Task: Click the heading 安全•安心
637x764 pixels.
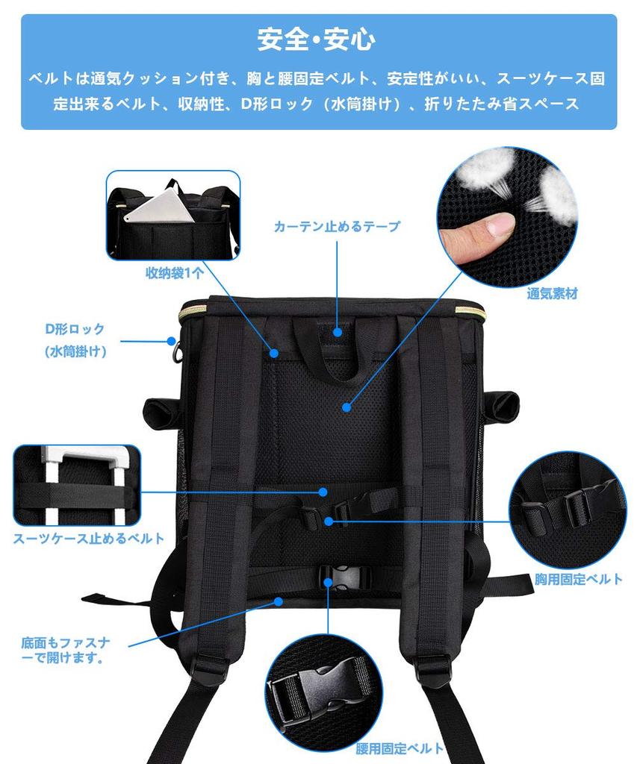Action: click(x=316, y=40)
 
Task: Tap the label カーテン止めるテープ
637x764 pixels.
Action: click(x=337, y=226)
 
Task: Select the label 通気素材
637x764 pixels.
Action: click(x=552, y=293)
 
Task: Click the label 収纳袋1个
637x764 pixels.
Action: click(x=174, y=273)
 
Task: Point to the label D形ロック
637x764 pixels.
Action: click(x=75, y=329)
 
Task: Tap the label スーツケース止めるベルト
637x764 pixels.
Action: click(x=88, y=538)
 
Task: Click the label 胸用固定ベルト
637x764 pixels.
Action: click(x=579, y=579)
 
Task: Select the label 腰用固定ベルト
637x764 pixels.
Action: click(x=400, y=748)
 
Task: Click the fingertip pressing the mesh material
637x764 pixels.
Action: click(x=478, y=232)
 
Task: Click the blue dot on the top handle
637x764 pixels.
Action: click(x=338, y=332)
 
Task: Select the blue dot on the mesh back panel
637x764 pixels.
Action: click(x=346, y=407)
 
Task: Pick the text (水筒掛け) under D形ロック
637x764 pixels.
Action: click(x=75, y=351)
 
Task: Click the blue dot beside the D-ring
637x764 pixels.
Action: click(x=170, y=341)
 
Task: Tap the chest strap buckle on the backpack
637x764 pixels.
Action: click(x=340, y=513)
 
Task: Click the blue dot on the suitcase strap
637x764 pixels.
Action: click(x=323, y=492)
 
